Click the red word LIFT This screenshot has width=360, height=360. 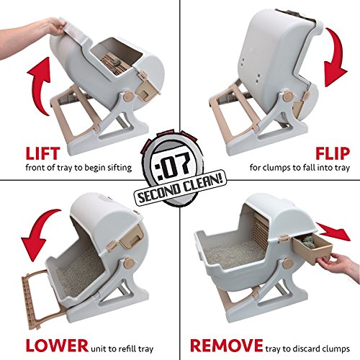tap(42, 153)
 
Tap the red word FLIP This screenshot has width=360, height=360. tap(333, 153)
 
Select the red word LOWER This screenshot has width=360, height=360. tap(57, 346)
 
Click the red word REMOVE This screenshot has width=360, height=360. tap(226, 346)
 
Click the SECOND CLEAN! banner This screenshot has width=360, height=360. tap(180, 189)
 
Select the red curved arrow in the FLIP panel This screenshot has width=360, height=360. tap(335, 58)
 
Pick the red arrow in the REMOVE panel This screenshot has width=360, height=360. tap(333, 231)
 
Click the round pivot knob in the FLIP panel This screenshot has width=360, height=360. tap(288, 96)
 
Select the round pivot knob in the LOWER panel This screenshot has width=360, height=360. tap(130, 263)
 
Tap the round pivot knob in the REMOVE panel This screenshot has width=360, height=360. tap(287, 263)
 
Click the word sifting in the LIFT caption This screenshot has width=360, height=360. tap(120, 168)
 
